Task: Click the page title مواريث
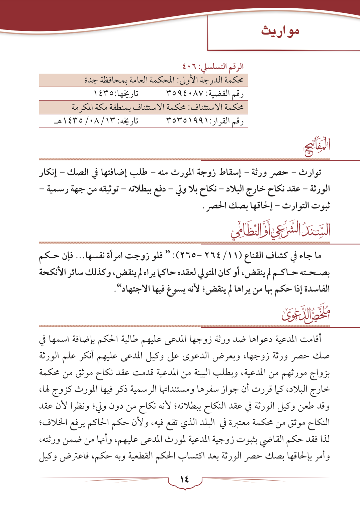tap(280, 31)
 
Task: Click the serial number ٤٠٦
tap(190, 67)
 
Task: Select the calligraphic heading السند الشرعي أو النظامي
tap(280, 229)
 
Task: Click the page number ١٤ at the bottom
tap(184, 479)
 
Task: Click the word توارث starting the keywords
tap(310, 173)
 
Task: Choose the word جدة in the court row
tap(91, 80)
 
